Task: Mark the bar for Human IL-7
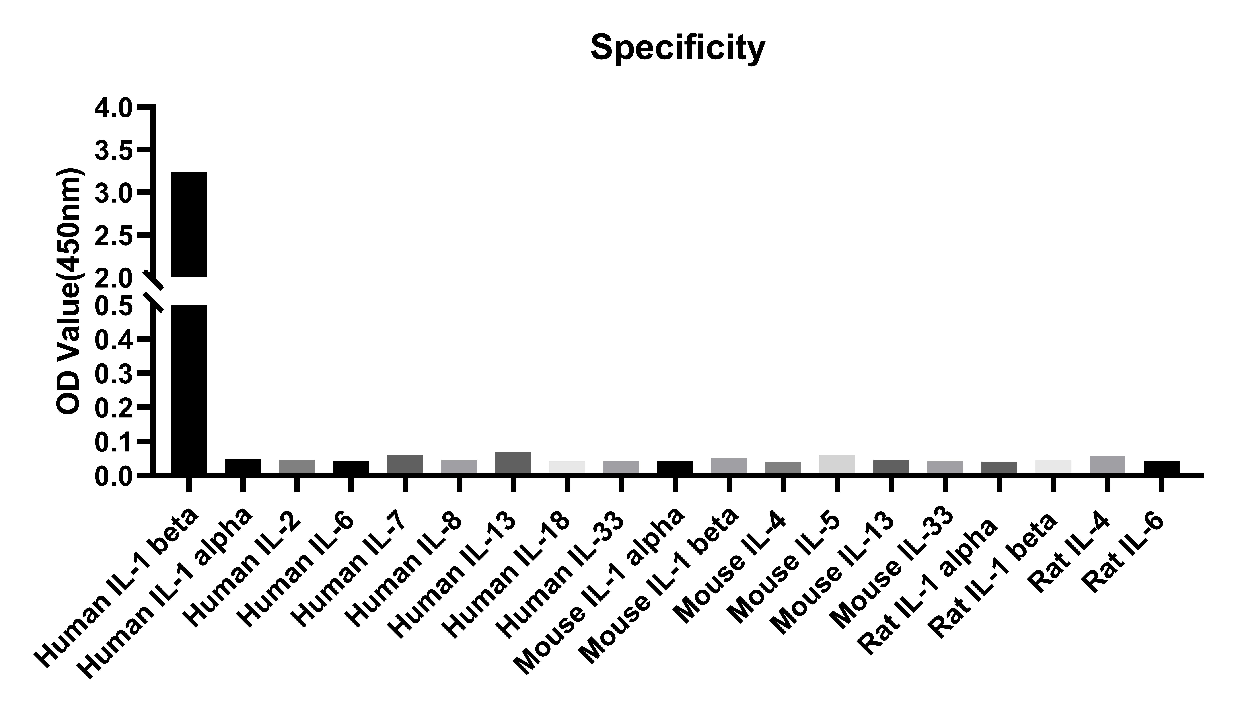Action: pyautogui.click(x=405, y=464)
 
